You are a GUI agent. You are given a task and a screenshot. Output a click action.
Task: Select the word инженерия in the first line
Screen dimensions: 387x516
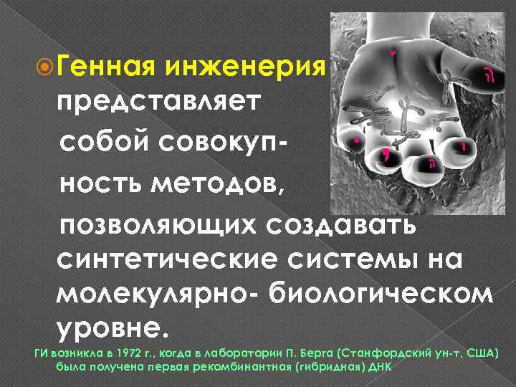(246, 70)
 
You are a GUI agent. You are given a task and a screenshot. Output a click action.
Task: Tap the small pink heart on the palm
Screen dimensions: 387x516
(393, 52)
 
